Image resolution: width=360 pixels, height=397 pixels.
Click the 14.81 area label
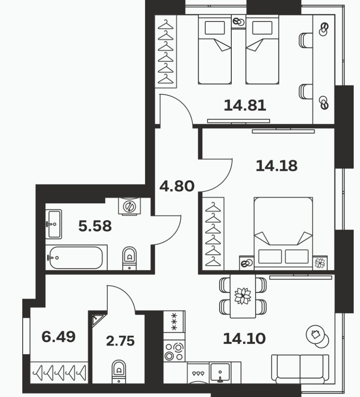[x=245, y=106]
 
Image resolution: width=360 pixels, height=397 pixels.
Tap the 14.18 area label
[x=276, y=166]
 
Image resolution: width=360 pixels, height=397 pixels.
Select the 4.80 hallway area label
[x=177, y=186]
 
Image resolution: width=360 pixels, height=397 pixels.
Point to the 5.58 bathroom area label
[x=95, y=226]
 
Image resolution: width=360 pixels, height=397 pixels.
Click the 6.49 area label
[x=58, y=337]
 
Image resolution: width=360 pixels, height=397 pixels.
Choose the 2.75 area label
[x=120, y=341]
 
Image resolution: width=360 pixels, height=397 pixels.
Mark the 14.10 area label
[x=244, y=338]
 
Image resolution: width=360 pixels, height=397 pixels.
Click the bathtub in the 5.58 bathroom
[x=76, y=258]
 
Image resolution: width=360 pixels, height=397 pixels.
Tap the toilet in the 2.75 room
[x=119, y=372]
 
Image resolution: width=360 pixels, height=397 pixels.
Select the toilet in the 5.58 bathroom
[x=129, y=258]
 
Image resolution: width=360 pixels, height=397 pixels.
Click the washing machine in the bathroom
[x=129, y=206]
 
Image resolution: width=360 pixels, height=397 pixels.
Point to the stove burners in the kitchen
[x=174, y=351]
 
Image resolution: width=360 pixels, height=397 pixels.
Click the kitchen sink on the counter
[x=220, y=373]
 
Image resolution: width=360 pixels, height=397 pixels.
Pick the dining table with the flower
[x=243, y=296]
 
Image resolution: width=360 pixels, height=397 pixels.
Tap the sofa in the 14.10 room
[x=300, y=369]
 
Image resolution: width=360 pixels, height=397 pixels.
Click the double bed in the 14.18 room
[x=283, y=232]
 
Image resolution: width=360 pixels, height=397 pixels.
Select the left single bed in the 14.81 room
[x=215, y=49]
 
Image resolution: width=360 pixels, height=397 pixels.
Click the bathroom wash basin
[x=54, y=224]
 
